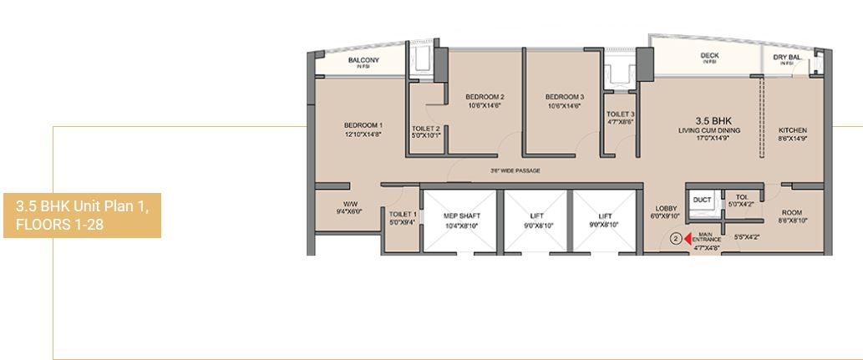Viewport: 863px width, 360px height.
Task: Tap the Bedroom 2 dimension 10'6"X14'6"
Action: [x=485, y=106]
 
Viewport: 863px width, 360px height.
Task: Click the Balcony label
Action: [x=363, y=60]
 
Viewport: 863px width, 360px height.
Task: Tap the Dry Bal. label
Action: [x=788, y=58]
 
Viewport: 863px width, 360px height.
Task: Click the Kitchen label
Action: [x=791, y=131]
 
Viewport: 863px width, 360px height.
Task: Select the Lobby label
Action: [x=665, y=209]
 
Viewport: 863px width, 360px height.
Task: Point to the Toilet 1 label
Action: [x=403, y=215]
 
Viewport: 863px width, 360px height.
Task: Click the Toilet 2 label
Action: [x=425, y=129]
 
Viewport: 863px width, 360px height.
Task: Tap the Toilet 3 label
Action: [x=620, y=114]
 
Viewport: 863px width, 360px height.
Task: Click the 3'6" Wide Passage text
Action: [x=515, y=170]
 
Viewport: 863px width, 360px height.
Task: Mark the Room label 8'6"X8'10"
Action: [x=791, y=214]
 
